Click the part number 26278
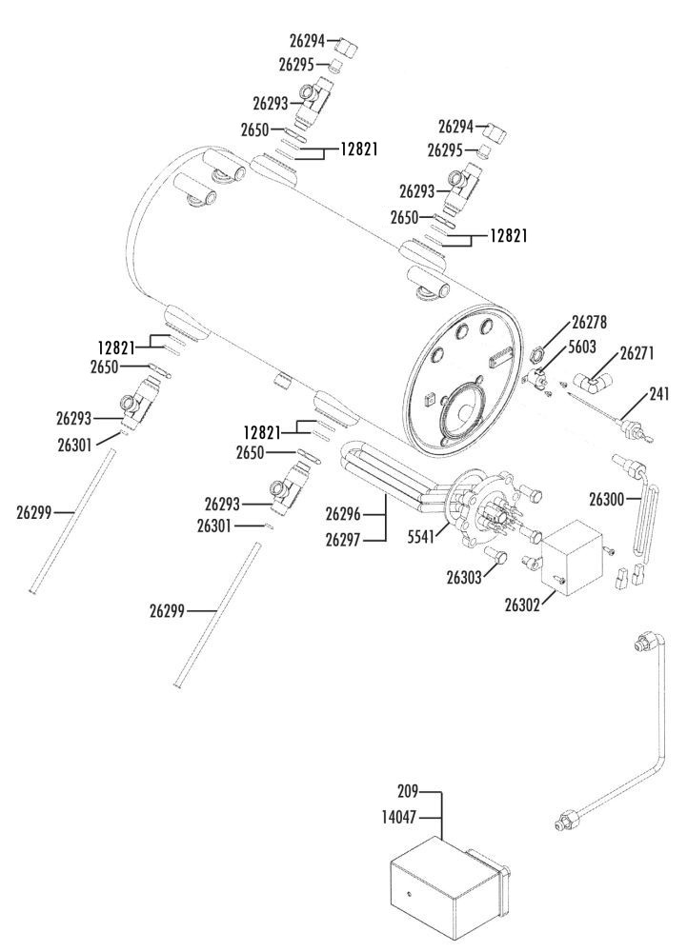pos(590,323)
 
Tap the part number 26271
pos(636,351)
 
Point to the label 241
pos(661,391)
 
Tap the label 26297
pos(343,540)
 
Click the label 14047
pos(401,816)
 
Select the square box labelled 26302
pos(575,554)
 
